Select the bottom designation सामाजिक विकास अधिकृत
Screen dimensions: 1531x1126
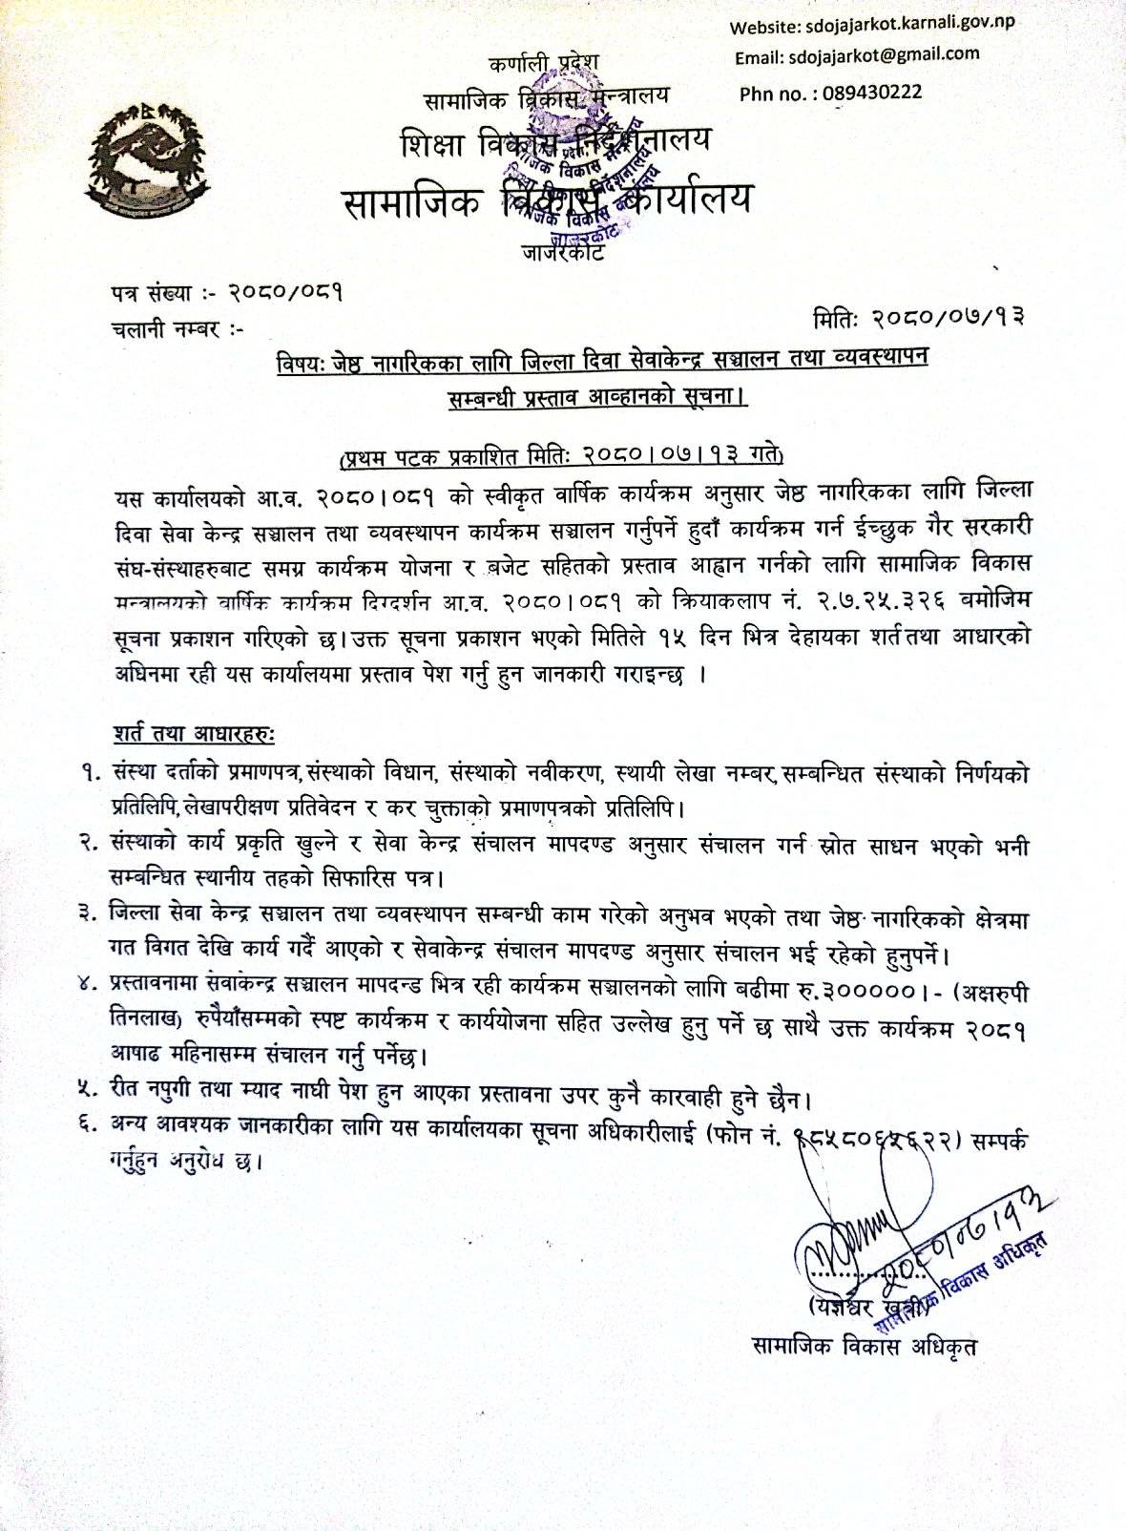(x=865, y=1347)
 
